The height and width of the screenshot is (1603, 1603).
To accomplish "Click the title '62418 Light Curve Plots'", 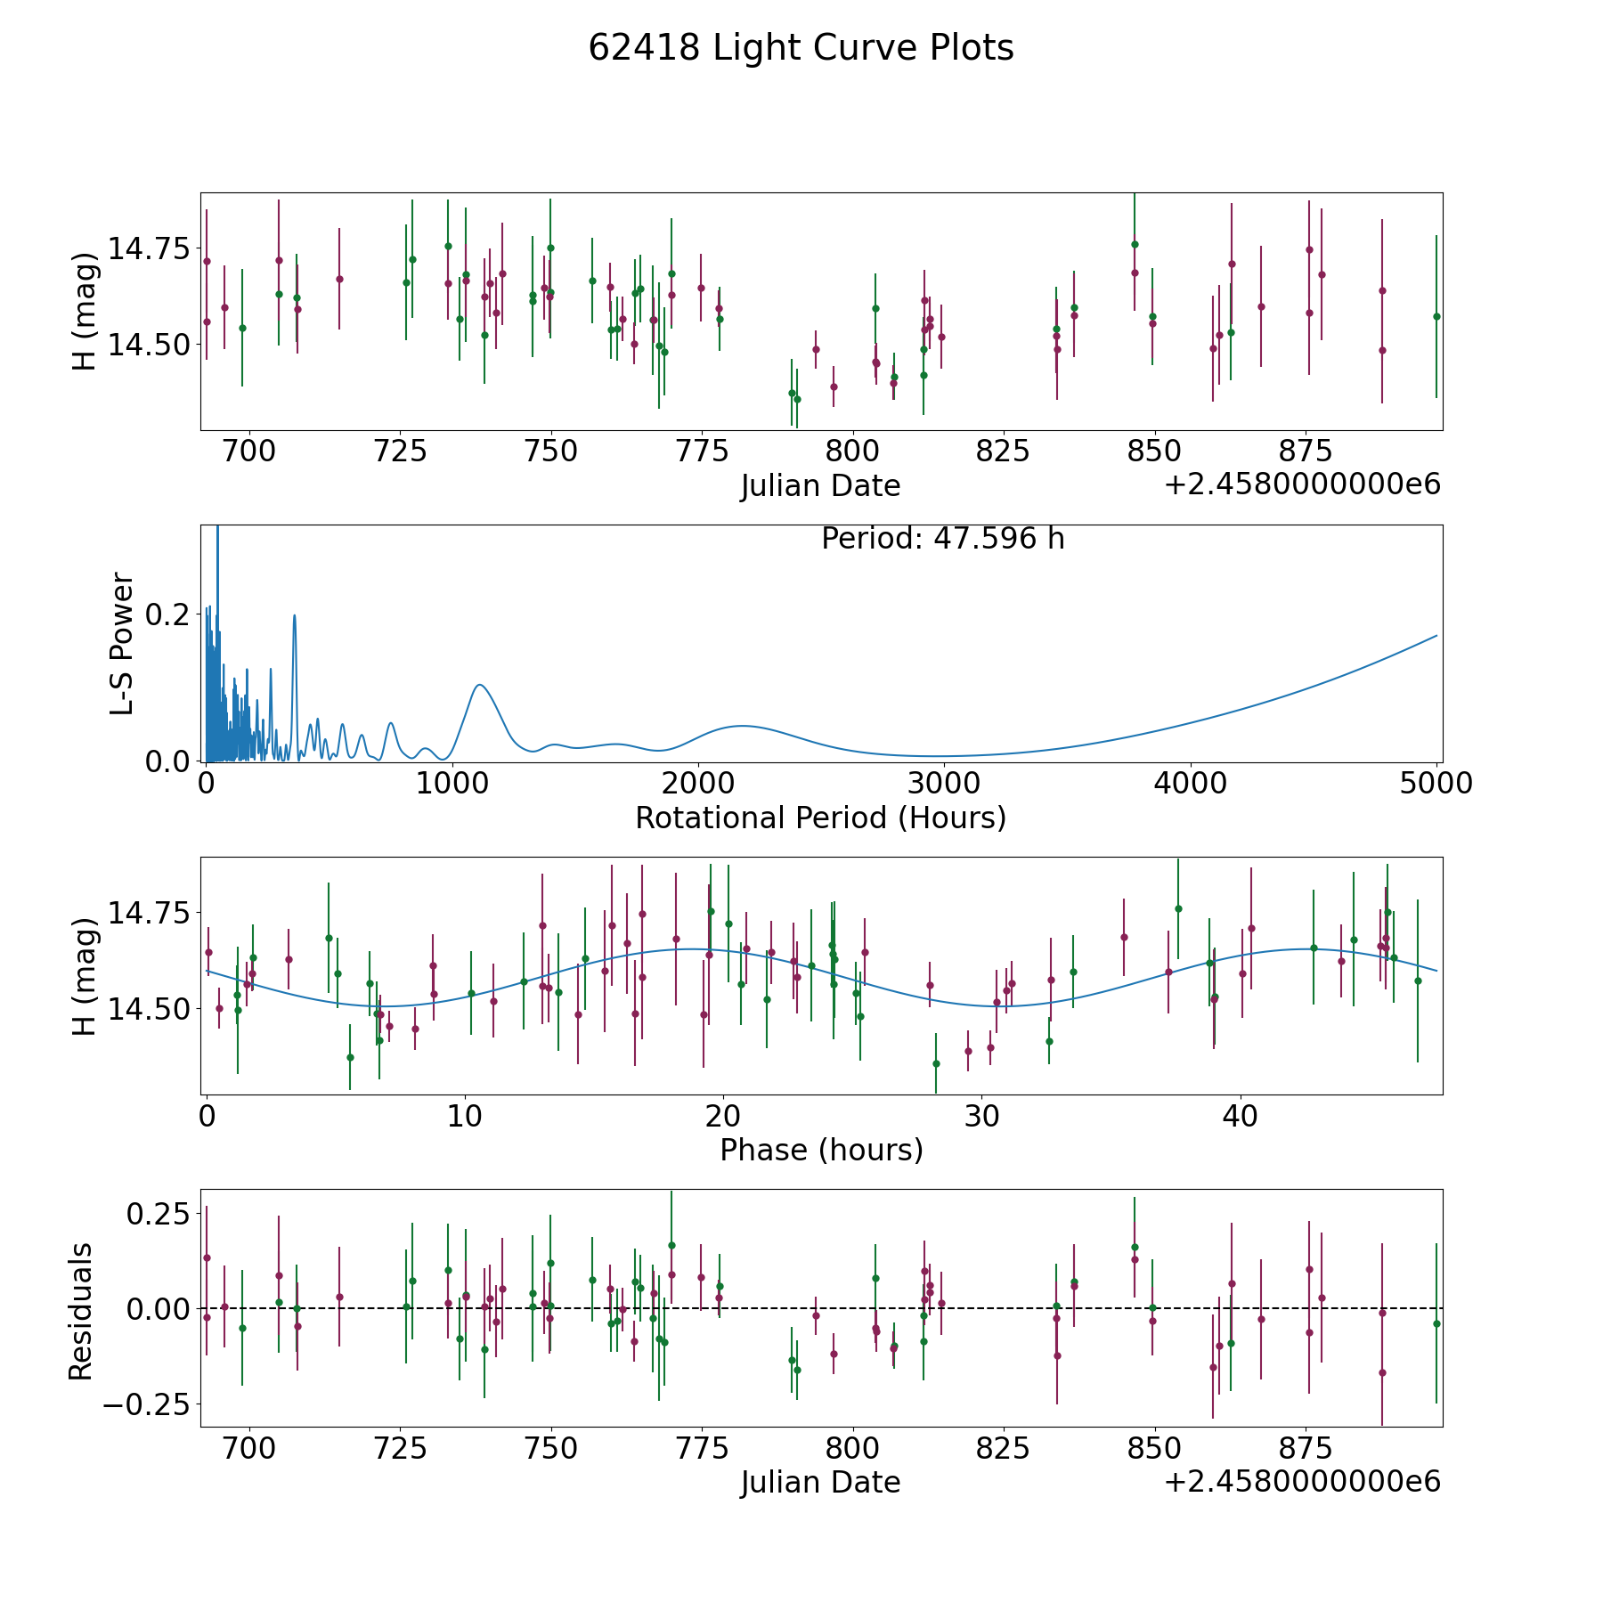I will click(801, 48).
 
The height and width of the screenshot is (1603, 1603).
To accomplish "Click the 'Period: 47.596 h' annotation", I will click(942, 539).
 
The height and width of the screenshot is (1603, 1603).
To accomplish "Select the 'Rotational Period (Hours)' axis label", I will click(820, 818).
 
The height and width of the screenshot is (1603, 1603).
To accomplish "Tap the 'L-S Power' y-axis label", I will click(122, 644).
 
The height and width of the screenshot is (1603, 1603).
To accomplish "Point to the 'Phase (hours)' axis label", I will click(821, 1150).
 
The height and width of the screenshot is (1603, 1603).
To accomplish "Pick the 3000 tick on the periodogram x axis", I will click(943, 784).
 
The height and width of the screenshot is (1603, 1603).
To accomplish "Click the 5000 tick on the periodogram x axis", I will click(1436, 784).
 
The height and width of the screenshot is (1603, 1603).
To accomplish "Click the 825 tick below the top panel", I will click(1004, 452).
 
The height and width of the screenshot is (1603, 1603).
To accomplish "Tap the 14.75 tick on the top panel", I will click(149, 248).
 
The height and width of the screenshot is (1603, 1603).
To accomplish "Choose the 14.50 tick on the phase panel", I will click(149, 1009).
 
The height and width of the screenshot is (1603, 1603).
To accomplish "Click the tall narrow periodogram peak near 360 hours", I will click(295, 615).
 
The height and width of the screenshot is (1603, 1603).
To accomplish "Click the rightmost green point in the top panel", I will click(1436, 316).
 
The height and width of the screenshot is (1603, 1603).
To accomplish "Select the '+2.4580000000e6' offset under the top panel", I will click(1302, 484).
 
